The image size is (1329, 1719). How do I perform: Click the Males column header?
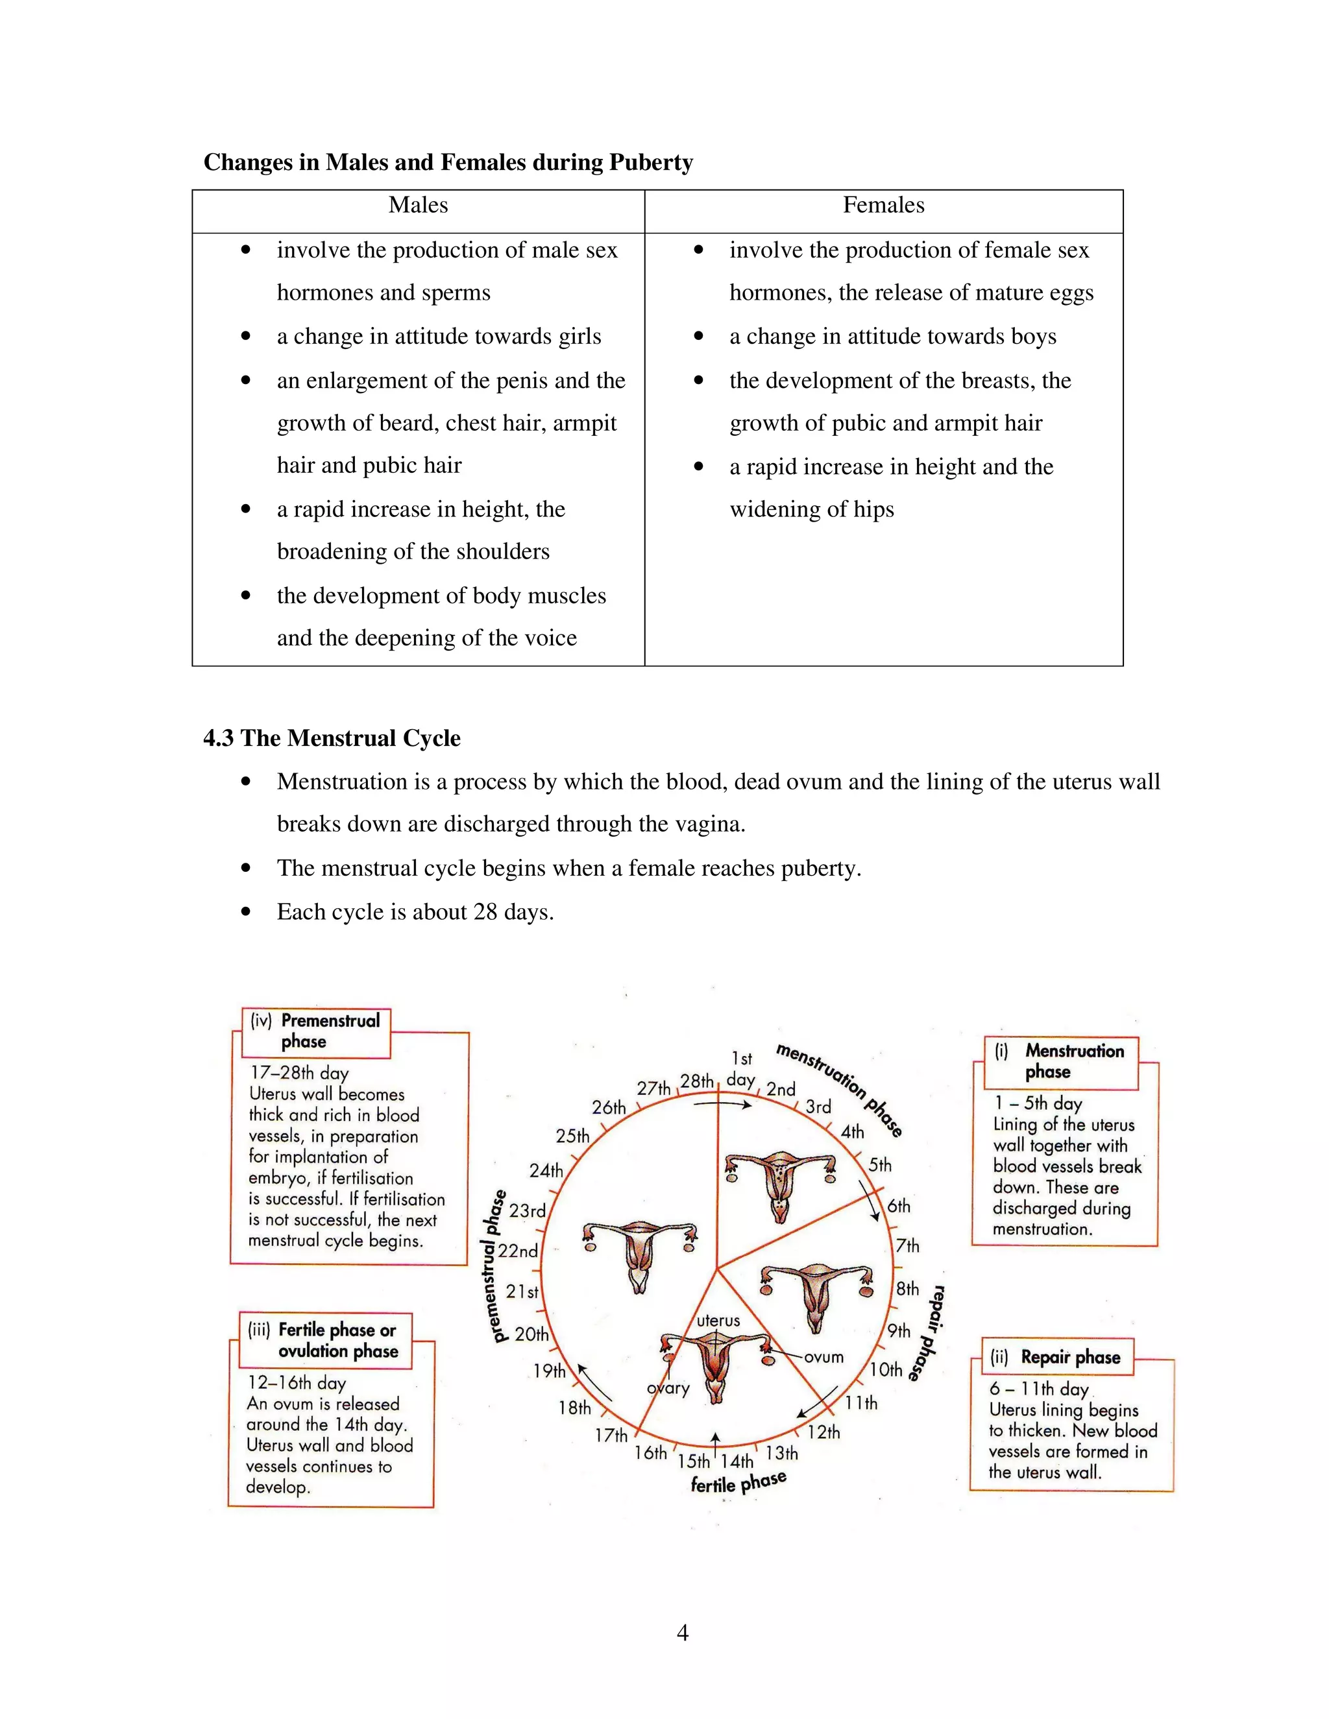pyautogui.click(x=418, y=206)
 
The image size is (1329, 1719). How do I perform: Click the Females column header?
pyautogui.click(x=883, y=206)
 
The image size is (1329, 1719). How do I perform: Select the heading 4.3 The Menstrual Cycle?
pyautogui.click(x=332, y=738)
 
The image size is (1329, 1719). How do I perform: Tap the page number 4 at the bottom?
pyautogui.click(x=682, y=1633)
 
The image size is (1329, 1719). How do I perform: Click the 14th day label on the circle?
pyautogui.click(x=737, y=1461)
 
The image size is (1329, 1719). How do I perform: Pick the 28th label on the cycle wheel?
pyautogui.click(x=697, y=1081)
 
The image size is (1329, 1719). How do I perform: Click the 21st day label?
pyautogui.click(x=522, y=1292)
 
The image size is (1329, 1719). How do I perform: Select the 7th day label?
pyautogui.click(x=907, y=1246)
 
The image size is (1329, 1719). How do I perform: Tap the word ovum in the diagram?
pyautogui.click(x=823, y=1358)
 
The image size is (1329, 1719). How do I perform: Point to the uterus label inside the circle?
pyautogui.click(x=718, y=1321)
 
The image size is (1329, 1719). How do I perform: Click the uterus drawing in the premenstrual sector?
pyautogui.click(x=639, y=1251)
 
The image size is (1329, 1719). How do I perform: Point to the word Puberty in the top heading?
pyautogui.click(x=650, y=162)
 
